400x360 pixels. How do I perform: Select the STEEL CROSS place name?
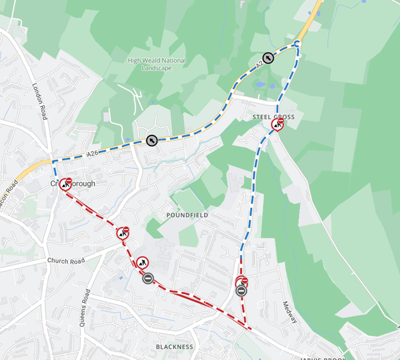coord(273,117)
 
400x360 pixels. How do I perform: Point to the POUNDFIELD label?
coord(187,215)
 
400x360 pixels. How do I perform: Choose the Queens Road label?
coord(85,308)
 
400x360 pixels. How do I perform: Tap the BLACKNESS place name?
coord(175,346)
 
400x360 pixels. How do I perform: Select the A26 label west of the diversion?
coord(93,153)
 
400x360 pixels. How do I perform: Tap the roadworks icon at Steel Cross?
coord(277,124)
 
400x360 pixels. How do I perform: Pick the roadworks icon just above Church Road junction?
coord(123,233)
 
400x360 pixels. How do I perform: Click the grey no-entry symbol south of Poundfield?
coord(147,278)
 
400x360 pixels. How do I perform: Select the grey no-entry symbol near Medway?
coord(241,290)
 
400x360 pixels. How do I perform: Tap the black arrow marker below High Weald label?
coord(152,140)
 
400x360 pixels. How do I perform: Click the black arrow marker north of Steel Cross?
coord(267,58)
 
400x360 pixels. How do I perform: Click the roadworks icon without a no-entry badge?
coord(142,262)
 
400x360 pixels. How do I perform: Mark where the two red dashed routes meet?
coord(249,328)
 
